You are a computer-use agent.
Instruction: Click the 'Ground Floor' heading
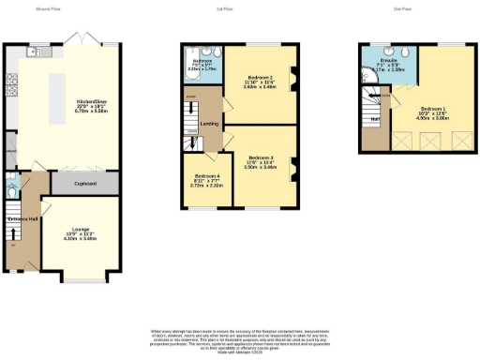[x=48, y=8]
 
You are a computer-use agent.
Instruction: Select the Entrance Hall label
[x=23, y=218]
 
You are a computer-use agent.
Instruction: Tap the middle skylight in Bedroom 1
[x=432, y=140]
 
